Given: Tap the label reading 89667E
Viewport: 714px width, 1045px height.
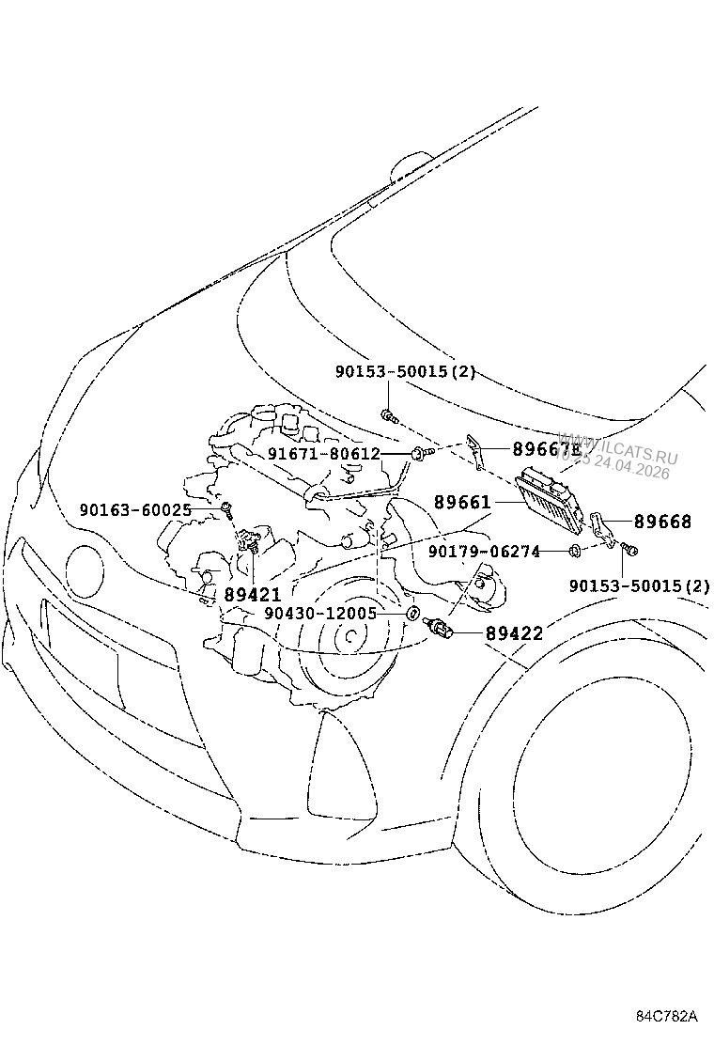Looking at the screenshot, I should coord(547,449).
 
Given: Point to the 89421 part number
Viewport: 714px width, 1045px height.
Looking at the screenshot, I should coord(252,594).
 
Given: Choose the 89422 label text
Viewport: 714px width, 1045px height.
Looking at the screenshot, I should coord(514,633).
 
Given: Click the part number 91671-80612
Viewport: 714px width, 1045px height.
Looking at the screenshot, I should coord(323,453).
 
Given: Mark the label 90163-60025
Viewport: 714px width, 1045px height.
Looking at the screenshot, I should coord(135,509).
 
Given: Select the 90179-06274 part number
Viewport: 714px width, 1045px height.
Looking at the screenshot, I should coord(484,552).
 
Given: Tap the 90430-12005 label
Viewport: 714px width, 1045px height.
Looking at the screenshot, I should coord(319,613).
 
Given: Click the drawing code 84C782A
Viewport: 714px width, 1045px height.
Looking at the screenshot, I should coord(668,1017).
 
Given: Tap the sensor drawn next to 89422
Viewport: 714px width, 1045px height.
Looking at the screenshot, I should coord(441,627).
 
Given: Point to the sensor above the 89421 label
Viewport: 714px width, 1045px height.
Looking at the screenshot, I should coord(249,542).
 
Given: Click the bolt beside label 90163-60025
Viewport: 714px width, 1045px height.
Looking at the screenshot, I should coord(227,509).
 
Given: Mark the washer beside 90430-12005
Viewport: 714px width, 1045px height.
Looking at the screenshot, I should coord(411,614).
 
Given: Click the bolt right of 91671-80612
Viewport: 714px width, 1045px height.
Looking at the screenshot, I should coord(420,453).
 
